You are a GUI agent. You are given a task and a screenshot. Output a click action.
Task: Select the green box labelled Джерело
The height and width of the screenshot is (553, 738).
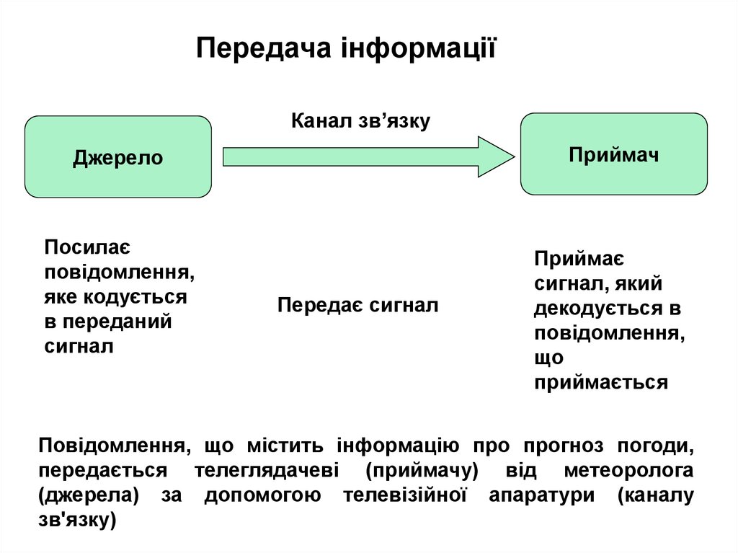118,157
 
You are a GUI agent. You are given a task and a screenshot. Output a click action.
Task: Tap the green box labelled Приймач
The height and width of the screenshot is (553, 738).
614,154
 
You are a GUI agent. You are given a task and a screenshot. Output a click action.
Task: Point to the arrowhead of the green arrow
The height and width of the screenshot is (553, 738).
497,156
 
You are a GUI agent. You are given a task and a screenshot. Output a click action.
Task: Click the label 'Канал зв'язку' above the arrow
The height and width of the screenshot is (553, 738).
360,120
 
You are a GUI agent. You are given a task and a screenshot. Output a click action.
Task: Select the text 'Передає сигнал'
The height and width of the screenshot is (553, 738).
358,305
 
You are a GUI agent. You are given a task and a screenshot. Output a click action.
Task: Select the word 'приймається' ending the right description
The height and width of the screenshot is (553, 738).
601,382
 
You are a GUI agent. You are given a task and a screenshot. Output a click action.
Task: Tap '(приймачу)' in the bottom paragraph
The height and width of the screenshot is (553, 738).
422,471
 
